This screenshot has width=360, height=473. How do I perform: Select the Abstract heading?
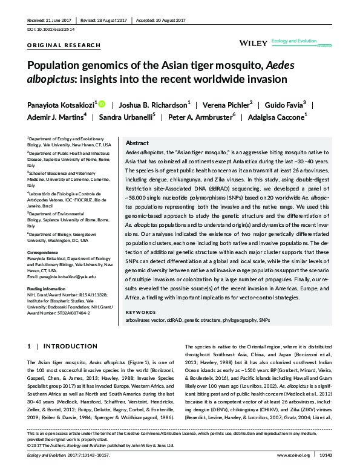[137, 143]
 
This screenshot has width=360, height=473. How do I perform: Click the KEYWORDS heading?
[139, 312]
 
